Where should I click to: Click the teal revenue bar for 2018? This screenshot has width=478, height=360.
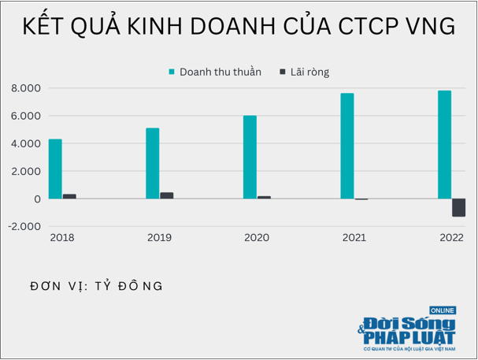click(55, 169)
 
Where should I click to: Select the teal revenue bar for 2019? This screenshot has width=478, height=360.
click(153, 163)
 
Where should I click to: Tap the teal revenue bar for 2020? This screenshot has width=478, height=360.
click(250, 157)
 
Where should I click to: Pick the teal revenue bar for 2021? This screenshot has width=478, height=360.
click(347, 146)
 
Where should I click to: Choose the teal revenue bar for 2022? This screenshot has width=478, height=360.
click(445, 144)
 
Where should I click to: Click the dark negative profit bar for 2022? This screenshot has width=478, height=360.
click(458, 207)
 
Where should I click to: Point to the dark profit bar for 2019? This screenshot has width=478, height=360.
click(166, 195)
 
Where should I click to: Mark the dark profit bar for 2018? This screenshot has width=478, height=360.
click(69, 196)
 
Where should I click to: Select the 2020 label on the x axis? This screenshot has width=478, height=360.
click(257, 238)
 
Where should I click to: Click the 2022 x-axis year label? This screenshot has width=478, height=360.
click(451, 238)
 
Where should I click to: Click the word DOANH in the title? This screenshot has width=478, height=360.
click(229, 27)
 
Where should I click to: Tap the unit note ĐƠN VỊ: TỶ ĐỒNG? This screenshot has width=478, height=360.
click(96, 286)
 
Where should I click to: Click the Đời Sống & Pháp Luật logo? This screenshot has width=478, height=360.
click(409, 331)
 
